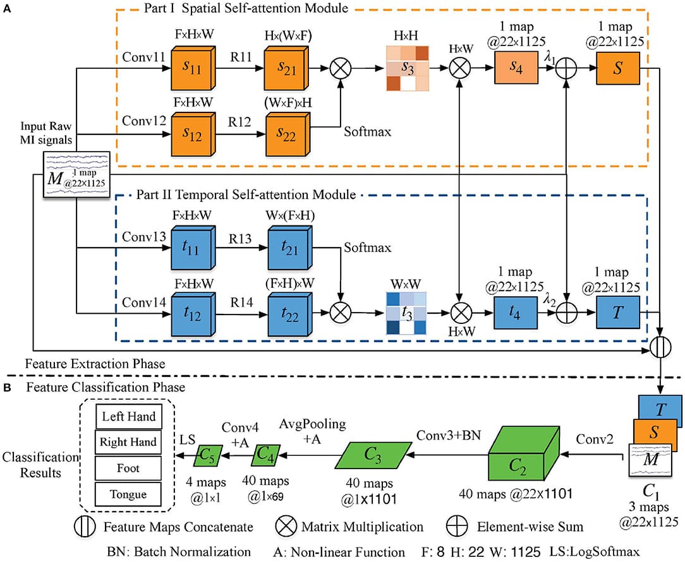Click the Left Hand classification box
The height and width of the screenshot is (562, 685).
tap(127, 417)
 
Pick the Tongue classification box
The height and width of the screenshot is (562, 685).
tap(127, 494)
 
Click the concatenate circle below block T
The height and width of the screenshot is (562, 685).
tap(662, 345)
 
